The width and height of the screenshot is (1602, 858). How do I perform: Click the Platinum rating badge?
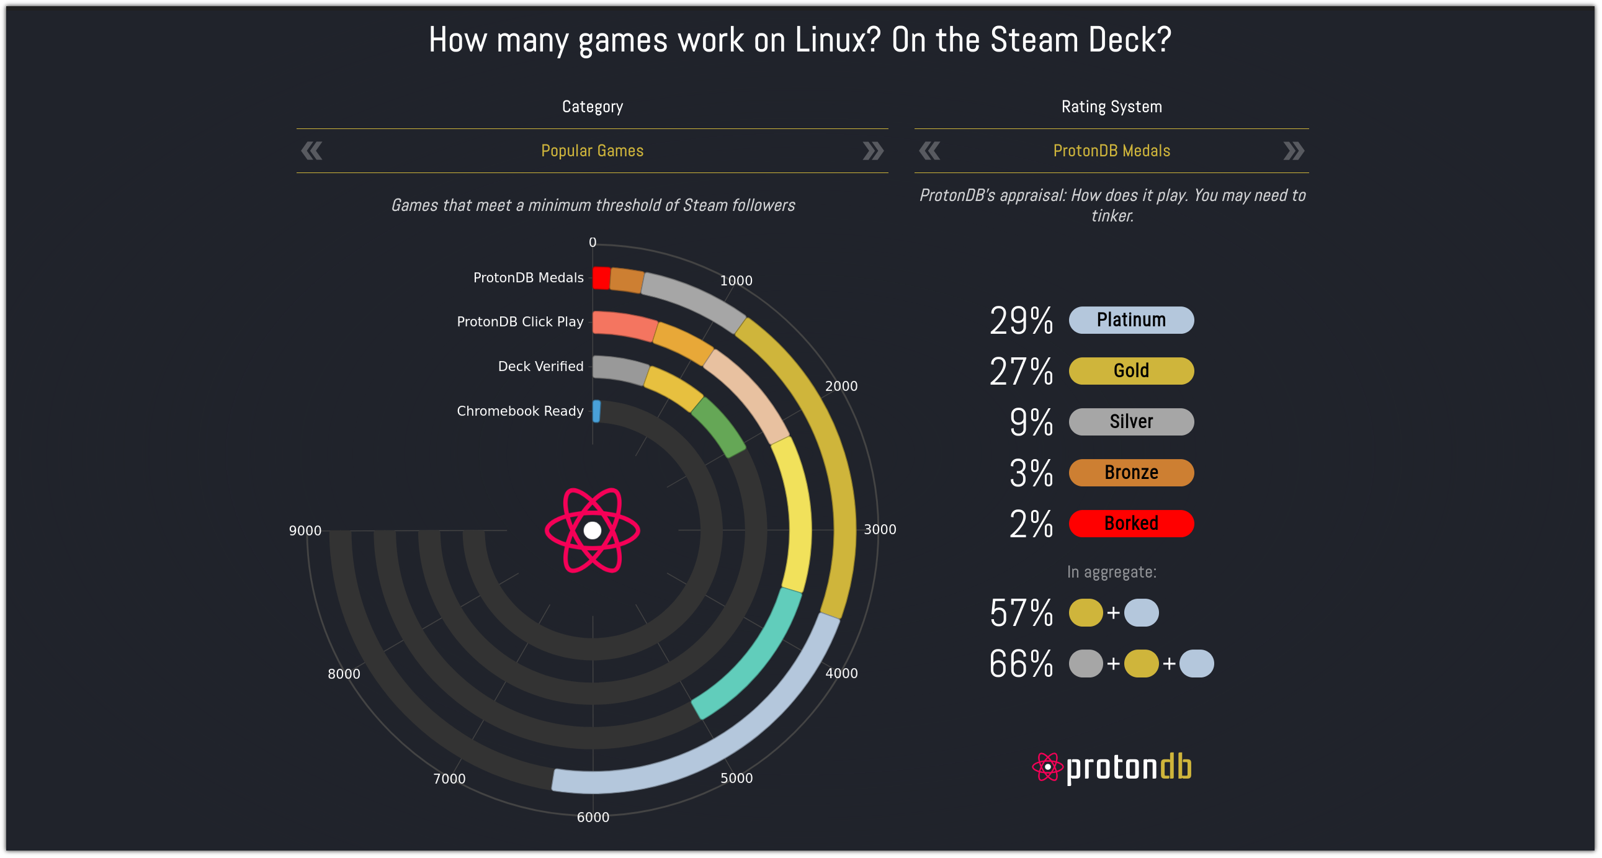(x=1130, y=320)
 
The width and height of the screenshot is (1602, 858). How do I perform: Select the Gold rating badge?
(x=1130, y=370)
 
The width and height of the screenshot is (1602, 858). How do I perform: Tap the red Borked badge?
(x=1130, y=523)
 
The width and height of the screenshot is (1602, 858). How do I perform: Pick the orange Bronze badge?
(x=1130, y=472)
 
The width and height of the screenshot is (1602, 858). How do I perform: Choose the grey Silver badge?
(x=1130, y=421)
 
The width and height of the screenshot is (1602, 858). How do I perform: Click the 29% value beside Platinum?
(x=1021, y=321)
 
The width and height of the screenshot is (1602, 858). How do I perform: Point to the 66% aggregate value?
(x=1021, y=663)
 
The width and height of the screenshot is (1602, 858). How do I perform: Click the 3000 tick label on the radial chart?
(x=879, y=530)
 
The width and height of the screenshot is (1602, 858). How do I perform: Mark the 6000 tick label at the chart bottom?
(x=593, y=817)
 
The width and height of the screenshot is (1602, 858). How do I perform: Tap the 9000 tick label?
(x=305, y=530)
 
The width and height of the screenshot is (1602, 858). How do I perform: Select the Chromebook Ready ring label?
(x=520, y=411)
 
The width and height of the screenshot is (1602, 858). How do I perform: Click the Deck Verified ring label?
(x=540, y=366)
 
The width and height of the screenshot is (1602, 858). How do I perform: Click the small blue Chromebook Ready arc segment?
(x=596, y=411)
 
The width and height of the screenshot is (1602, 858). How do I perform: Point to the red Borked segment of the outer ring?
(x=601, y=278)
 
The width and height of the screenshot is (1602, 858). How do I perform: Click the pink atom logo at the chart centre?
(x=592, y=530)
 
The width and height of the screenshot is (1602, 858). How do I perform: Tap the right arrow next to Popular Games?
(x=872, y=151)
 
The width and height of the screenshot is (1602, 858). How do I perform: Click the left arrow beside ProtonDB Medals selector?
(x=929, y=151)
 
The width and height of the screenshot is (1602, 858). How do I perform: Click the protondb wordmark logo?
(x=1112, y=767)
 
